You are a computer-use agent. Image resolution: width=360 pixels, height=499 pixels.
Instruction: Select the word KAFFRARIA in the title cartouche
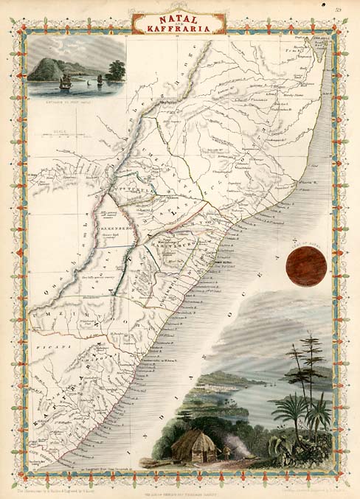[x=179, y=29]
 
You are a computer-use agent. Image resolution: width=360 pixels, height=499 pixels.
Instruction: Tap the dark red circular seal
[x=306, y=266]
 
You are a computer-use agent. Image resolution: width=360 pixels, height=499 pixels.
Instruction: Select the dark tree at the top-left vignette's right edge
[x=115, y=70]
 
